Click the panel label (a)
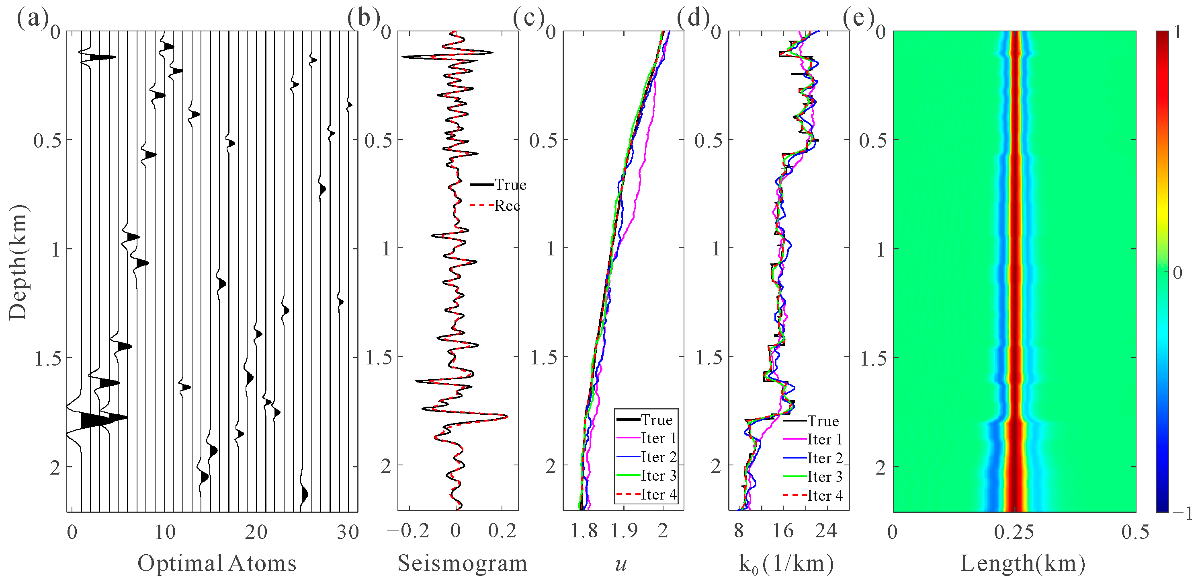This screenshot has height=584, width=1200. [x=33, y=19]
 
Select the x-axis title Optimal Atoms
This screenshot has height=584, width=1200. [x=217, y=563]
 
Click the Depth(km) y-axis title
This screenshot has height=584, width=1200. [x=18, y=262]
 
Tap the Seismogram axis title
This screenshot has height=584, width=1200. [x=462, y=563]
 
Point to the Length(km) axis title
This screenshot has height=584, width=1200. [x=1022, y=563]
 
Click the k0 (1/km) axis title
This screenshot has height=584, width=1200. [x=786, y=563]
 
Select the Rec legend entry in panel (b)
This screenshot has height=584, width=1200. [x=507, y=206]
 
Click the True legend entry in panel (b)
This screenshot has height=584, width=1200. [x=510, y=185]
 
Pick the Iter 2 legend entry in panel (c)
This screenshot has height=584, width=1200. [x=658, y=457]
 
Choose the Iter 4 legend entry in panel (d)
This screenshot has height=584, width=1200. [x=825, y=496]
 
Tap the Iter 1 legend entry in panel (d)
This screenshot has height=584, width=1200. [x=825, y=440]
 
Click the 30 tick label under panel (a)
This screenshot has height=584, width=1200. [x=348, y=532]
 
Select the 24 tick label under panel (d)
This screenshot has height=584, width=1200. [x=825, y=531]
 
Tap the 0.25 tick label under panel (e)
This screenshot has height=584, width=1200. [x=1014, y=532]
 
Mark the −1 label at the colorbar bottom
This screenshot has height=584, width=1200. [x=1183, y=513]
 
